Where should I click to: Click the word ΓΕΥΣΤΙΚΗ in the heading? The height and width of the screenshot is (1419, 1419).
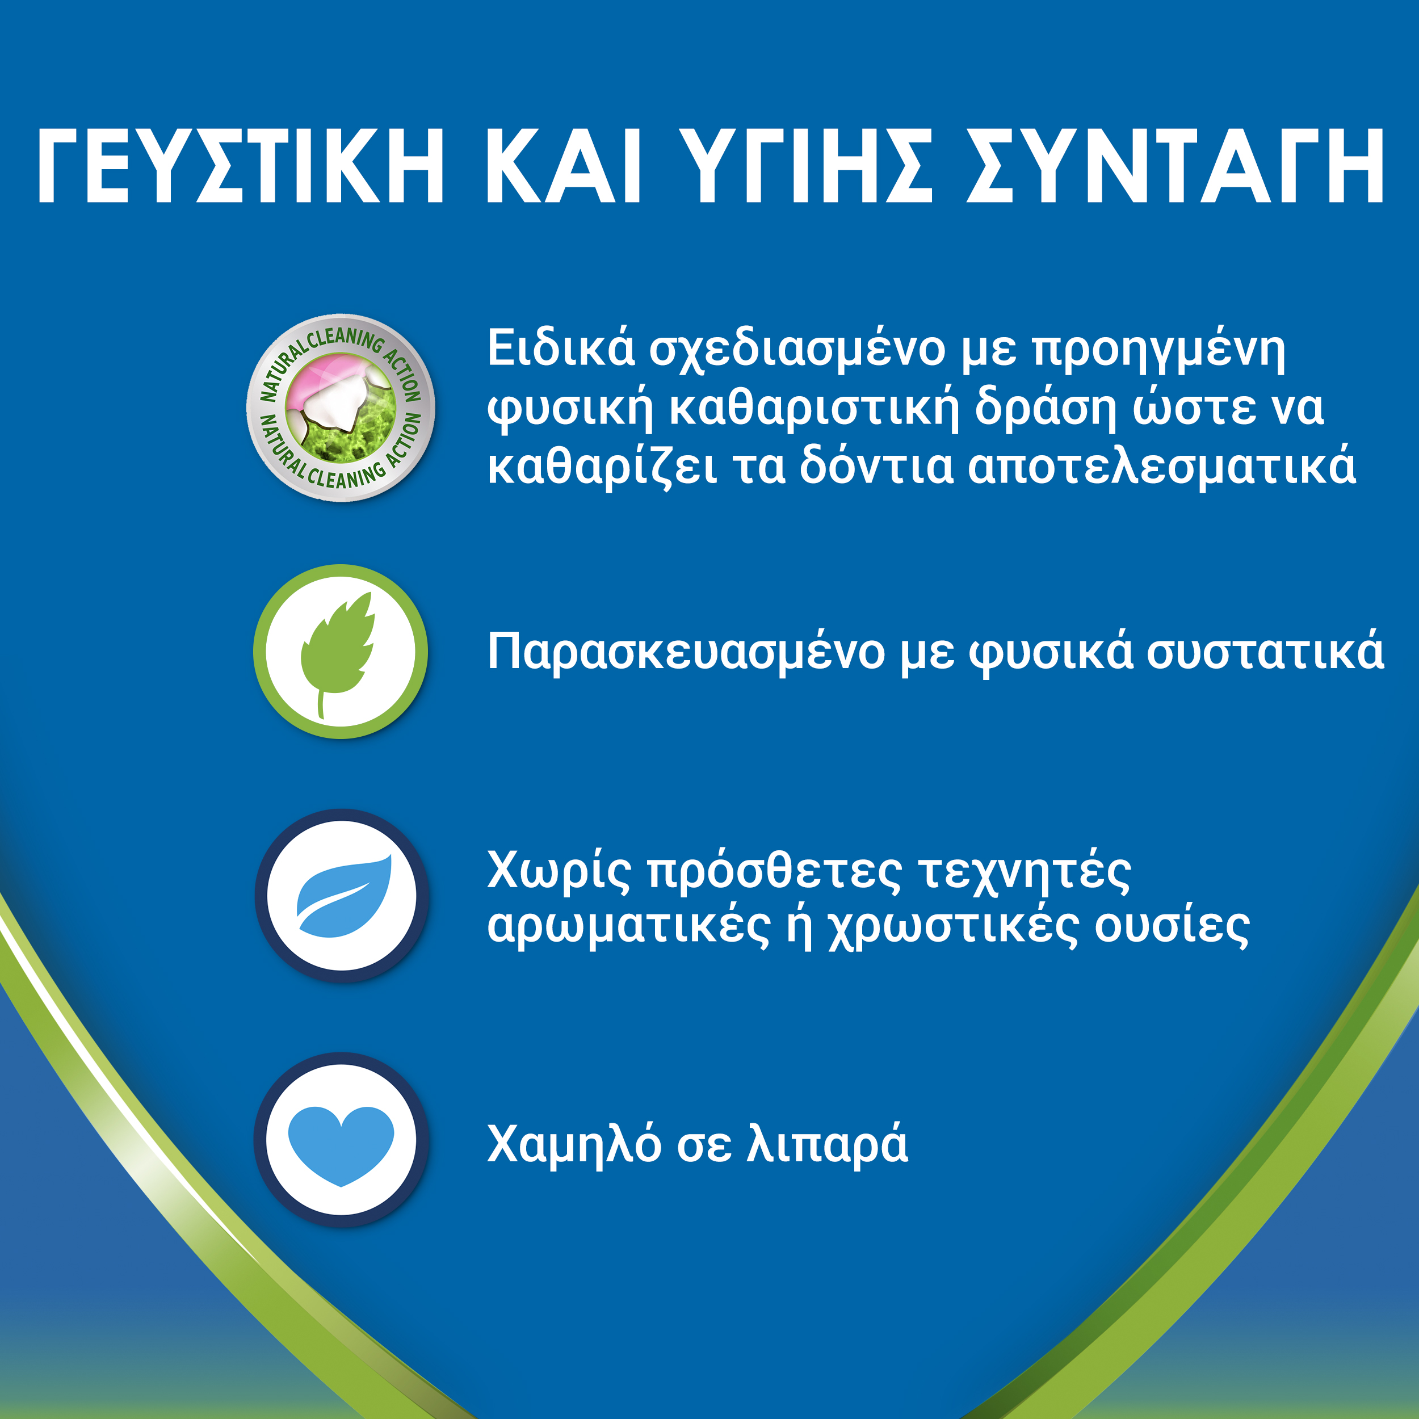241,165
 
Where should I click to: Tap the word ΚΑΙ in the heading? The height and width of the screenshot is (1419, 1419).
563,165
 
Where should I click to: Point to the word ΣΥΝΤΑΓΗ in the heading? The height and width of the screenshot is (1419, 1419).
1175,165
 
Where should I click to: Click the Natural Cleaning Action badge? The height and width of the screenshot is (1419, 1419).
341,408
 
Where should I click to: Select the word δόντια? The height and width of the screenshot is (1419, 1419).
877,465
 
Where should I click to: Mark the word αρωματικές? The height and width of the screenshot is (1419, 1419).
629,927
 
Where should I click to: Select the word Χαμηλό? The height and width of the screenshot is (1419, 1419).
574,1144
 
